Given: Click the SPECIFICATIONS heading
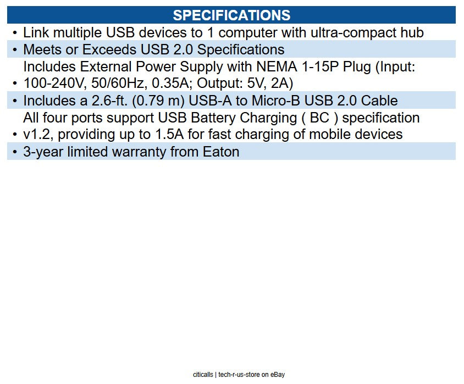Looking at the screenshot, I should [231, 15].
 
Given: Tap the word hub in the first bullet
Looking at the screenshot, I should [412, 32].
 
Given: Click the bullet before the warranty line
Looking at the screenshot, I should [15, 152].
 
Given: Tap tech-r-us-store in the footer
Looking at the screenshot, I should [238, 375].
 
